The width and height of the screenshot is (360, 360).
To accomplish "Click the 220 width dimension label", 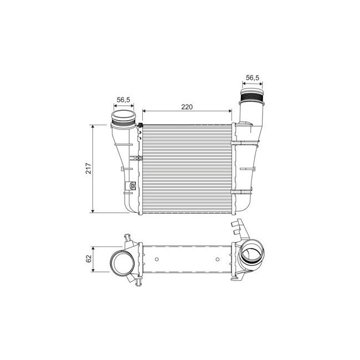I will point(187,107).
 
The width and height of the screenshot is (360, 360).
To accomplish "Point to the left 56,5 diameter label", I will point(123,100).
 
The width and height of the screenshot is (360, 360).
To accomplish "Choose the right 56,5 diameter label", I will point(252,78).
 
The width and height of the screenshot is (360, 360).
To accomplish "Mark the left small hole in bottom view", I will point(157,259).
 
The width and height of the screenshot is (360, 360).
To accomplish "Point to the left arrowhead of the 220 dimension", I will point(145,111).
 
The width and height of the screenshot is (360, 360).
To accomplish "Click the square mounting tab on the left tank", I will point(132,186).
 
